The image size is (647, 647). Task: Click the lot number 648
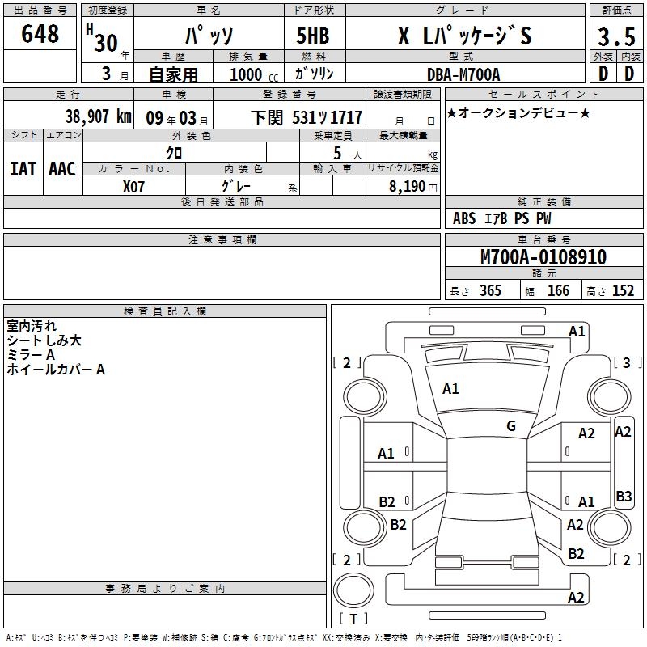pyautogui.click(x=40, y=33)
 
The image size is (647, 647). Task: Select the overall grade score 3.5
pyautogui.click(x=616, y=36)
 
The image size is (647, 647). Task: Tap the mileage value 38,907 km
pyautogui.click(x=99, y=116)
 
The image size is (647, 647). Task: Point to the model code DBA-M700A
pyautogui.click(x=463, y=74)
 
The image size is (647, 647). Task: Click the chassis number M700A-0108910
pyautogui.click(x=543, y=256)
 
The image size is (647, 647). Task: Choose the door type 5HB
pyautogui.click(x=313, y=36)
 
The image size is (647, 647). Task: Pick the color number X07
pyautogui.click(x=133, y=187)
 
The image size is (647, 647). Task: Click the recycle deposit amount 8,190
pyautogui.click(x=408, y=186)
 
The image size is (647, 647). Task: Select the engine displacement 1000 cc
pyautogui.click(x=254, y=74)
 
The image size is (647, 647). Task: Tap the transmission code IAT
pyautogui.click(x=23, y=169)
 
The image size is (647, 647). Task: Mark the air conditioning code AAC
pyautogui.click(x=62, y=169)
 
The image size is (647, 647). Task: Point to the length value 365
pyautogui.click(x=490, y=290)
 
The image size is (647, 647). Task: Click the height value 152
pyautogui.click(x=623, y=290)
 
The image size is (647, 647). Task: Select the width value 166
pyautogui.click(x=558, y=290)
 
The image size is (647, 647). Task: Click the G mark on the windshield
pyautogui.click(x=511, y=425)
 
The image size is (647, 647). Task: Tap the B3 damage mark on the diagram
pyautogui.click(x=624, y=496)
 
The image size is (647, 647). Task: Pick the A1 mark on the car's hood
pyautogui.click(x=450, y=388)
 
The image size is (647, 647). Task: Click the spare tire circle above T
pyautogui.click(x=353, y=590)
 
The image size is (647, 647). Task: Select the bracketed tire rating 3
pyautogui.click(x=626, y=362)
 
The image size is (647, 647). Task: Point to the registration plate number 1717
pyautogui.click(x=346, y=117)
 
